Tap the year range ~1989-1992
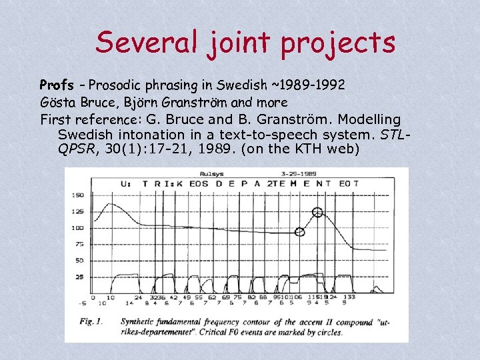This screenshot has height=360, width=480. (x=307, y=85)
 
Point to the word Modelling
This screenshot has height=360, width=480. (x=370, y=120)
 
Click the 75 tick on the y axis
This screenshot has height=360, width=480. (x=79, y=245)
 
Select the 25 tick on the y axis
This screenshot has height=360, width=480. (x=79, y=277)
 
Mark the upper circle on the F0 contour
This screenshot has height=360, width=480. (x=317, y=213)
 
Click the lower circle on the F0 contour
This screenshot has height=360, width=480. (x=300, y=232)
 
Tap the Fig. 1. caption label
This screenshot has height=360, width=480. (x=91, y=321)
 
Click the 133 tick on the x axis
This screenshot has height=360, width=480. (x=349, y=297)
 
